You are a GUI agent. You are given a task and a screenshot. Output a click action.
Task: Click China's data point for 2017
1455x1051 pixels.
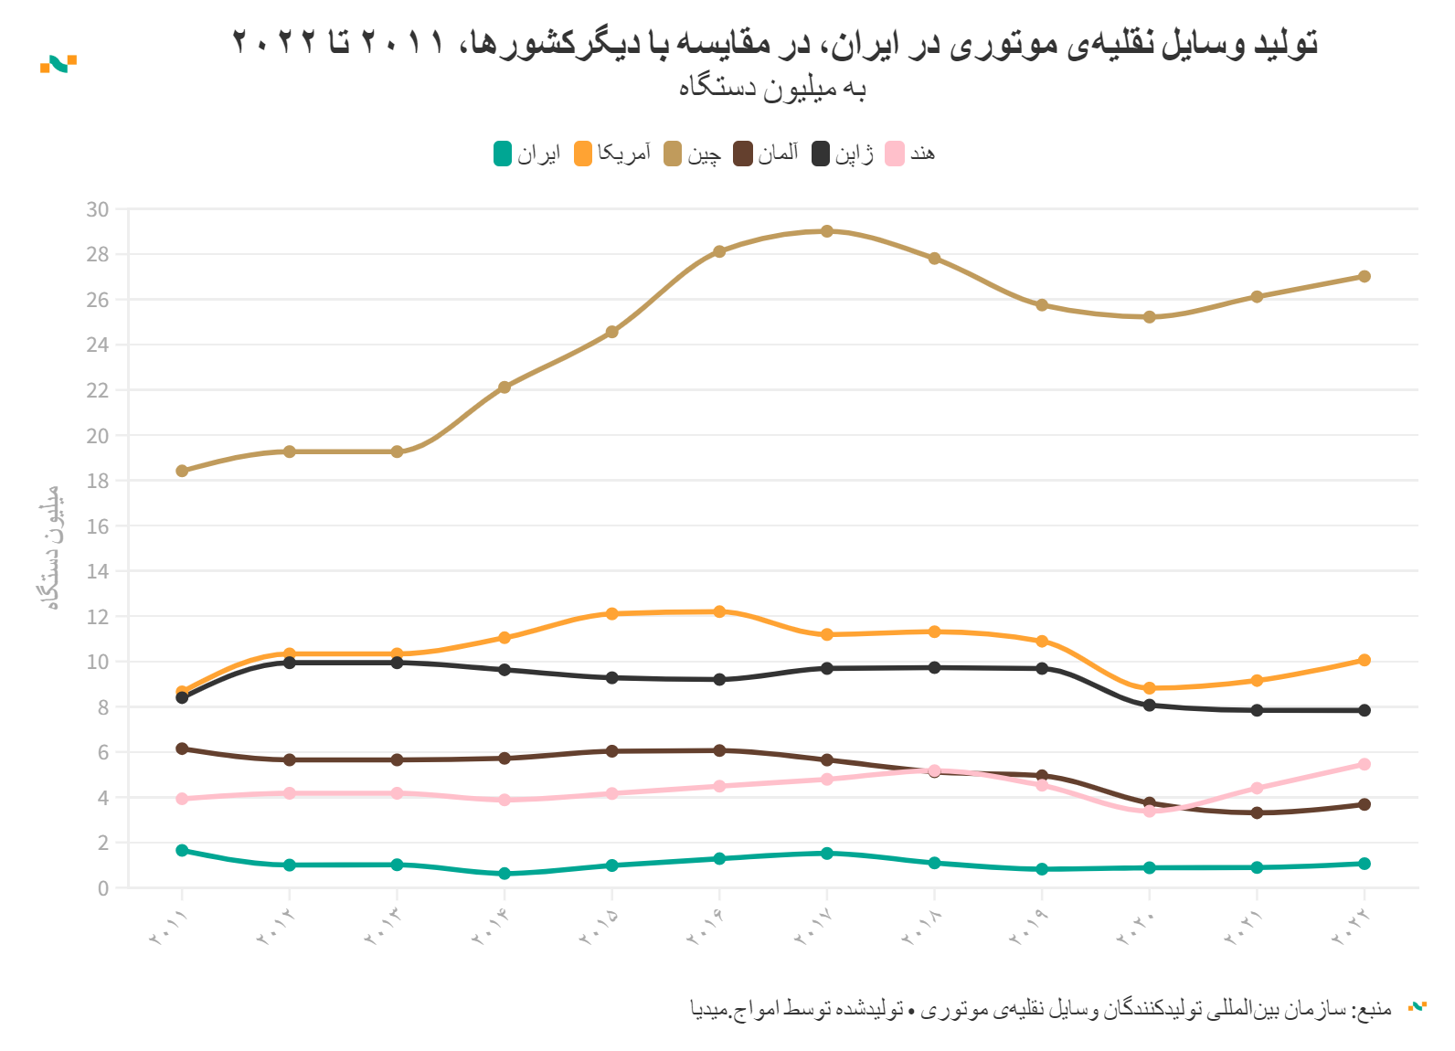click(x=827, y=231)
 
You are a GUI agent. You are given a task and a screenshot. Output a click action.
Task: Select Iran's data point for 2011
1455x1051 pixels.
click(x=182, y=851)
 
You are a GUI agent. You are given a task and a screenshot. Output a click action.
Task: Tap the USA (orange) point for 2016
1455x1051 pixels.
click(x=719, y=611)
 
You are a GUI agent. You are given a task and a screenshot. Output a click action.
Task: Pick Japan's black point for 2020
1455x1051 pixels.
click(x=1150, y=706)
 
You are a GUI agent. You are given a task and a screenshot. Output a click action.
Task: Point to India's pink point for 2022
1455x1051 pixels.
click(x=1365, y=764)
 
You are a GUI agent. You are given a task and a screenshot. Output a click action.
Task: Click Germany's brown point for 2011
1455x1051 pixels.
click(x=182, y=748)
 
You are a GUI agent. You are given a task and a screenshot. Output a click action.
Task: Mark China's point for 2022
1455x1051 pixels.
click(x=1365, y=276)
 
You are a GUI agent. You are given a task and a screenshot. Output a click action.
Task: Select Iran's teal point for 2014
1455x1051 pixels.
click(x=504, y=874)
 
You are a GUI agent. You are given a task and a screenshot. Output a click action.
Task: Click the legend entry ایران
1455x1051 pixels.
click(x=526, y=154)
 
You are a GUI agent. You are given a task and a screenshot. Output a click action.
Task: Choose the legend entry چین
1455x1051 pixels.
click(x=693, y=154)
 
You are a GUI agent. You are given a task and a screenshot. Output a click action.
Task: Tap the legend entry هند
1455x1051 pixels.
click(x=910, y=154)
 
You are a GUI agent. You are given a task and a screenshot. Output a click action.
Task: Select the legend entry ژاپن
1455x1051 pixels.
click(x=843, y=154)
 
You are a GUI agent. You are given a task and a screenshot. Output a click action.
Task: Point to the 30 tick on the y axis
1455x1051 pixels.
click(x=97, y=209)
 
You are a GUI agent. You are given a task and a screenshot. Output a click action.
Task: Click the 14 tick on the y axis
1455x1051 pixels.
click(x=97, y=571)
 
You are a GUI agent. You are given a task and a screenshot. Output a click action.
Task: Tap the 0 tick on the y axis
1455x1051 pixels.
click(x=102, y=887)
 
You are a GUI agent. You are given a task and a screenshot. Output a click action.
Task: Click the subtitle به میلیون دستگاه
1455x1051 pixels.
click(x=772, y=88)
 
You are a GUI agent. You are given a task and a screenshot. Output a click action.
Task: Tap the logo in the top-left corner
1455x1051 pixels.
click(x=58, y=63)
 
